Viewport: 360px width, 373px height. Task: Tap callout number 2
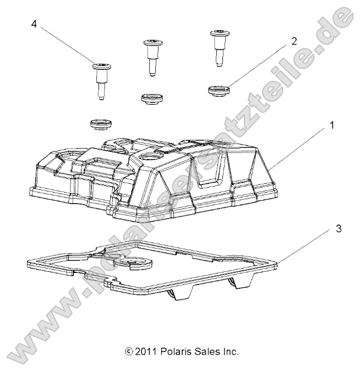[x=294, y=41]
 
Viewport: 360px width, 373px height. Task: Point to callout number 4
[x=34, y=24]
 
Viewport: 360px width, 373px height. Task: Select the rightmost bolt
[x=217, y=47]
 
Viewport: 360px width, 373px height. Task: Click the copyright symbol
[x=129, y=351]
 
